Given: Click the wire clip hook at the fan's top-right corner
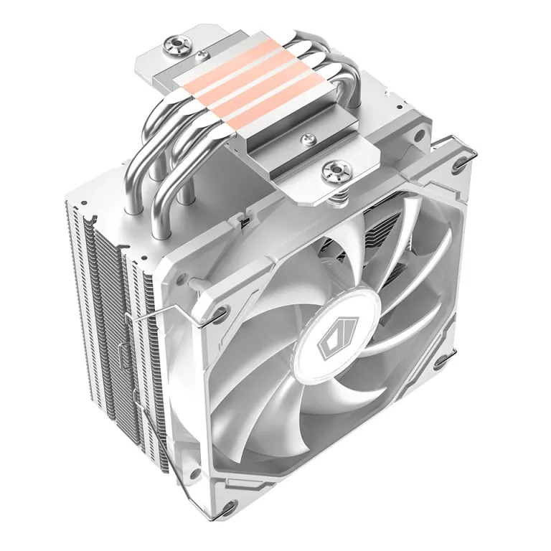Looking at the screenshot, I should point(459,161).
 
